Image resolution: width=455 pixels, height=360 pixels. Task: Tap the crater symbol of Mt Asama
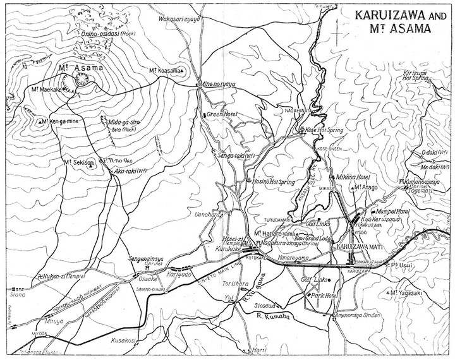tap(82, 79)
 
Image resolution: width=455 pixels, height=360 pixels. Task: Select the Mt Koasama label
tap(167, 70)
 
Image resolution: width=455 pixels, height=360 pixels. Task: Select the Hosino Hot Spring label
tap(278, 180)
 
